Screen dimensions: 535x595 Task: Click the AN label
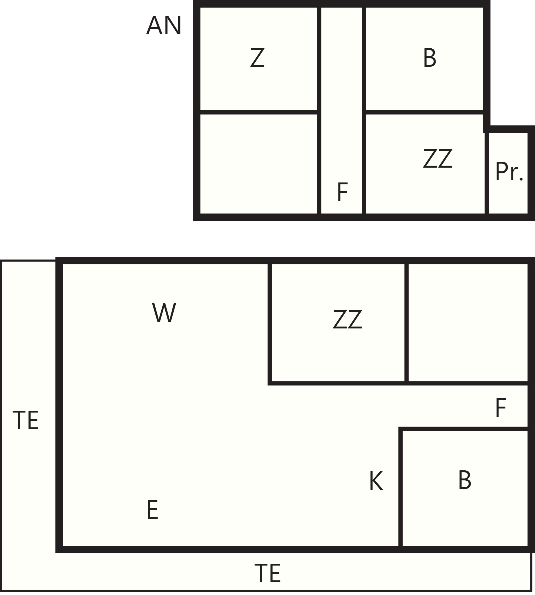pyautogui.click(x=164, y=25)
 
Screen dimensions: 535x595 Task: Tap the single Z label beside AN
pyautogui.click(x=257, y=57)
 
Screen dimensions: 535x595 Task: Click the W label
pyautogui.click(x=164, y=313)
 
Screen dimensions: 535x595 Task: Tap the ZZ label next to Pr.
pyautogui.click(x=437, y=158)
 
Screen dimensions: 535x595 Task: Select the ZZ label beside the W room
pyautogui.click(x=347, y=319)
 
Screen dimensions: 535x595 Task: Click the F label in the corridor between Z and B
pyautogui.click(x=342, y=192)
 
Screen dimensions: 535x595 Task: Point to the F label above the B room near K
pyautogui.click(x=501, y=407)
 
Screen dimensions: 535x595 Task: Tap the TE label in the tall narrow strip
pyautogui.click(x=26, y=420)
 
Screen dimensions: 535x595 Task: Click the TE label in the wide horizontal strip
pyautogui.click(x=267, y=573)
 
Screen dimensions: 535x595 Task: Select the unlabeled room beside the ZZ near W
pyautogui.click(x=468, y=323)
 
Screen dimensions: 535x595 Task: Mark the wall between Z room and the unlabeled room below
pyautogui.click(x=259, y=112)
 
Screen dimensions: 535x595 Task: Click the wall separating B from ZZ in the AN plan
pyautogui.click(x=425, y=112)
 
